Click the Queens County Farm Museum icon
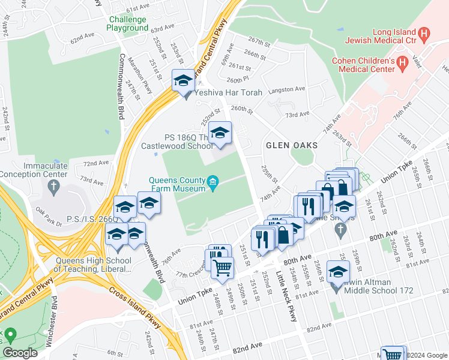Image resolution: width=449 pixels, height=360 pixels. [x=212, y=183]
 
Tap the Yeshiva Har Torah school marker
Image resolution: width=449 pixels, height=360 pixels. [x=183, y=81]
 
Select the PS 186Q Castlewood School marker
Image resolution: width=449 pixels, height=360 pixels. [x=220, y=133]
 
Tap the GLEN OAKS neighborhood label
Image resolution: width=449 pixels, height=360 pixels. [x=292, y=146]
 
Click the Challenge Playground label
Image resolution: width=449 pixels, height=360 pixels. [x=128, y=23]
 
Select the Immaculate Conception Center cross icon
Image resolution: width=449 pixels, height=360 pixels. [x=54, y=187]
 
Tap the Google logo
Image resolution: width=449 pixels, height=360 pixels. [x=20, y=352]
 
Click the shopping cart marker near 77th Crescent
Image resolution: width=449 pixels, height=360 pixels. [x=223, y=268]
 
